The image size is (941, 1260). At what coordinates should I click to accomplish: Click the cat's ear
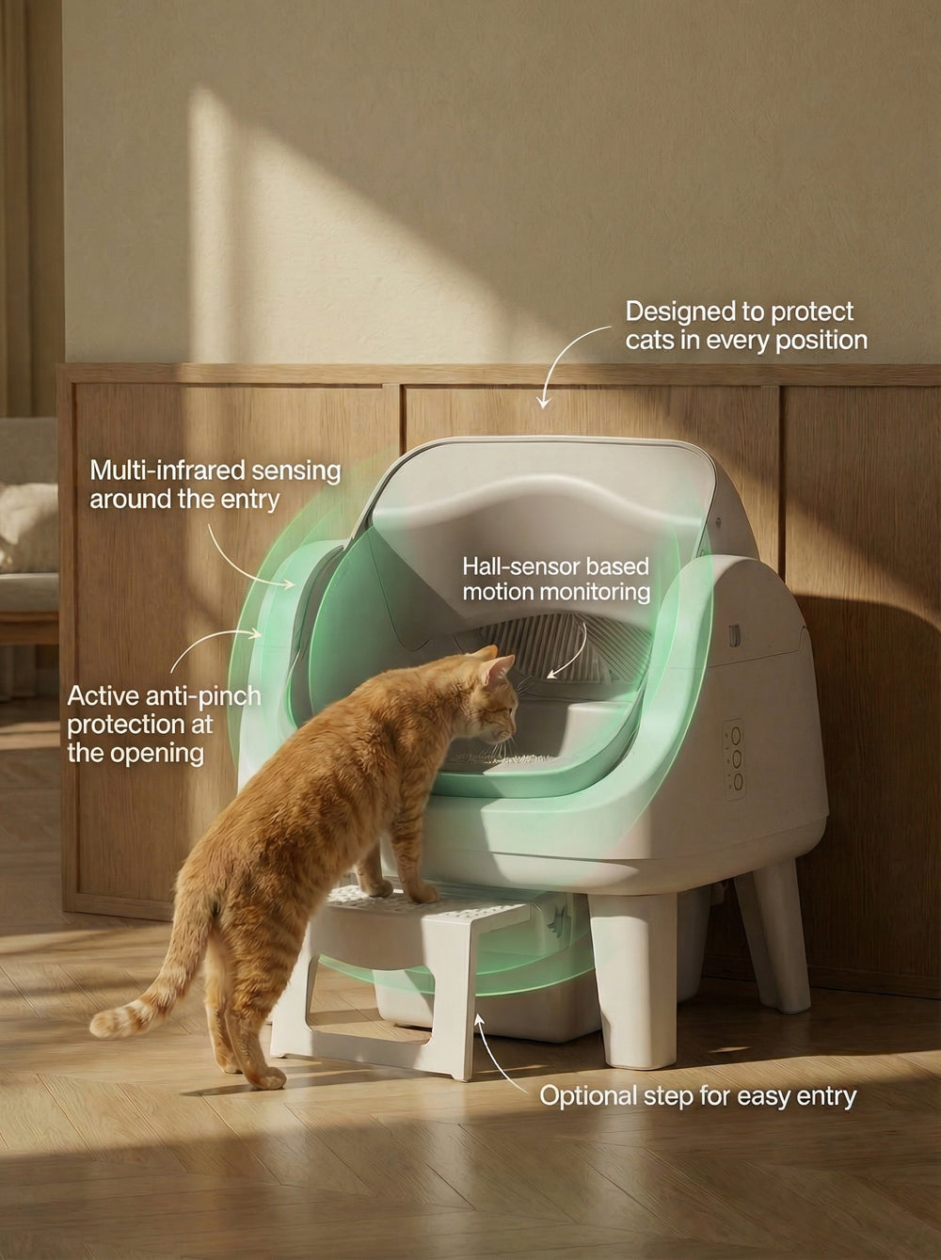coord(491,668)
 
